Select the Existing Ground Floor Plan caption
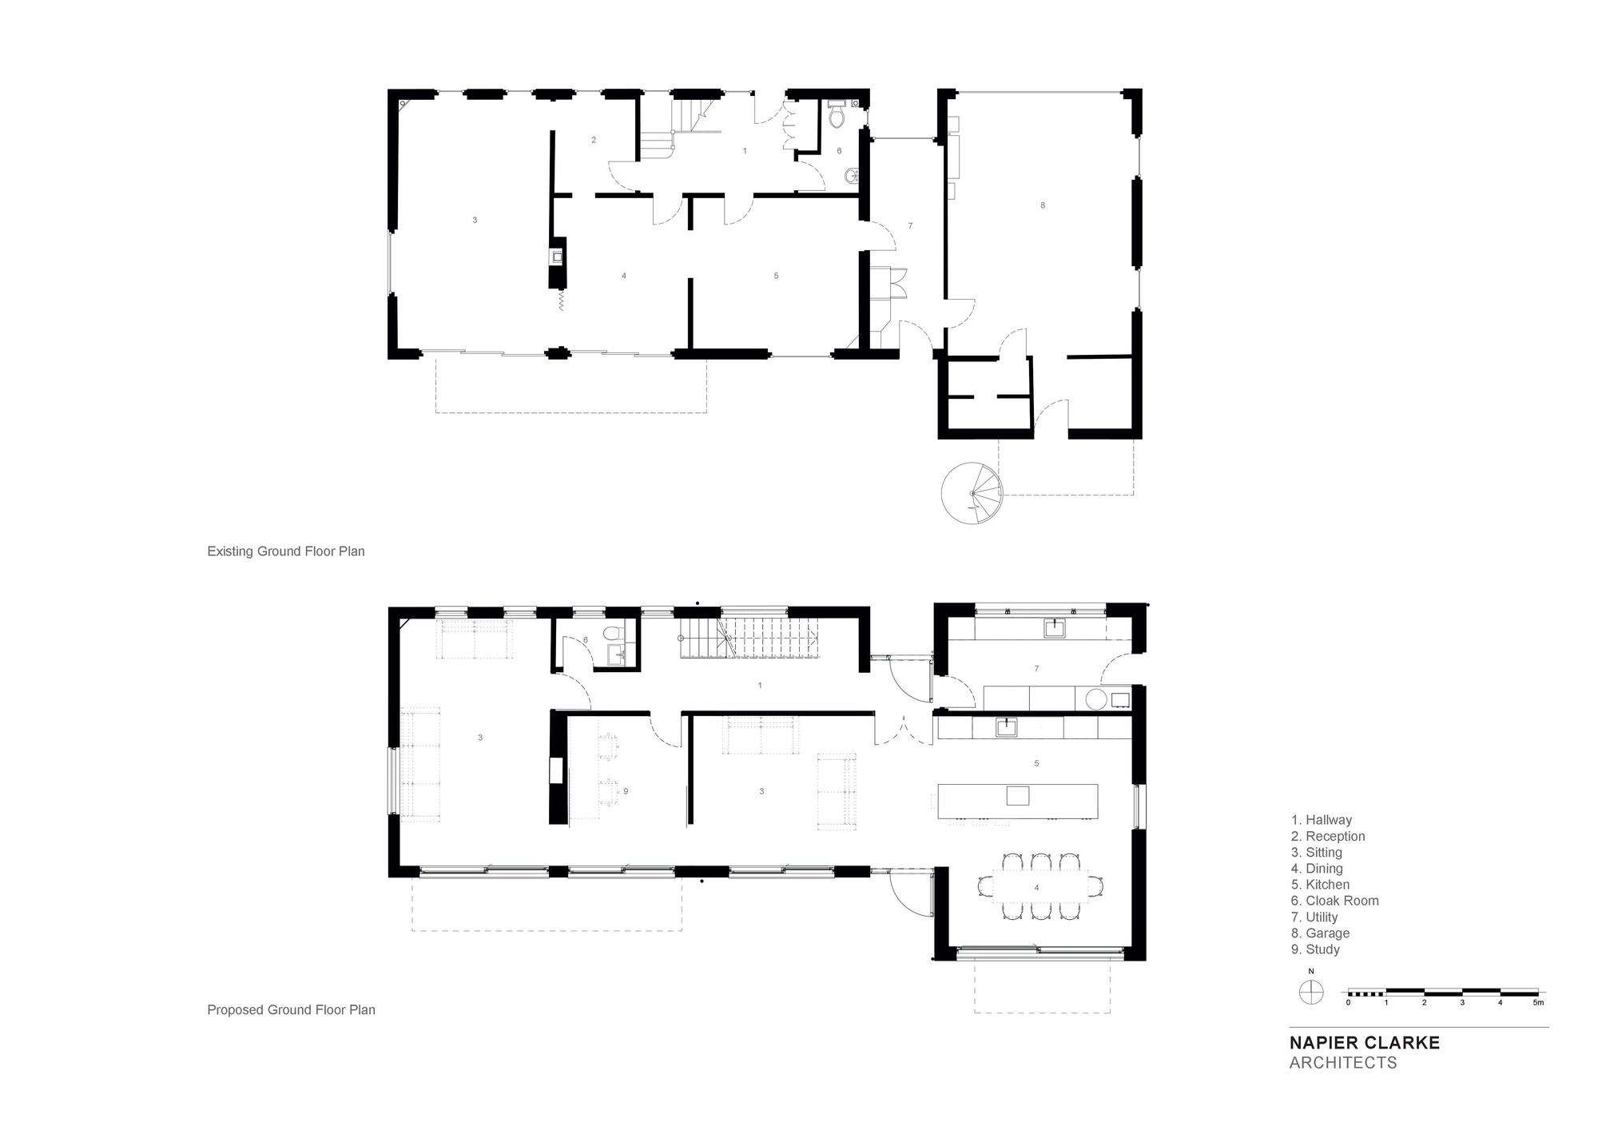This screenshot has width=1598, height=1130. [x=285, y=551]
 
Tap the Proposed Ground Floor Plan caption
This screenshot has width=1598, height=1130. [x=291, y=1010]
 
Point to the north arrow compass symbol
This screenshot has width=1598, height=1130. [x=1311, y=993]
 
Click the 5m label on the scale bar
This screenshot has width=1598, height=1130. [x=1538, y=1002]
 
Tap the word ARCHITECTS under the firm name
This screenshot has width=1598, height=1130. [x=1343, y=1063]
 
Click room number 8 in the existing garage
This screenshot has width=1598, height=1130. [x=1043, y=205]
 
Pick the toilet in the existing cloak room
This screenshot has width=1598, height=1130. [x=837, y=117]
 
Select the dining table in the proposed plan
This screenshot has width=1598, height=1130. [x=1036, y=887]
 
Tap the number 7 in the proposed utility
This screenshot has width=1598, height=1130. [x=1036, y=669]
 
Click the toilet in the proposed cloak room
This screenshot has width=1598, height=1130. [x=614, y=634]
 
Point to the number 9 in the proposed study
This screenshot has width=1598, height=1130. [x=626, y=791]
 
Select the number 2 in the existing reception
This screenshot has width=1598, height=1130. [x=594, y=141]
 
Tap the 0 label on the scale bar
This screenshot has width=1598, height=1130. [x=1349, y=1002]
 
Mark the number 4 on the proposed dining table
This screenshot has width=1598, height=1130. [x=1036, y=888]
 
